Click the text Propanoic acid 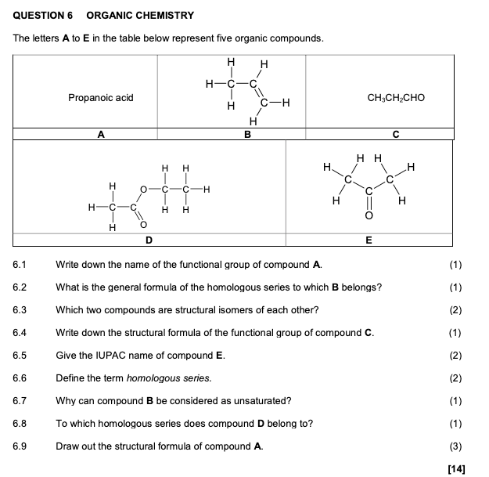click(100, 98)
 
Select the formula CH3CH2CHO click(396, 98)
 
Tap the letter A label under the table click(101, 135)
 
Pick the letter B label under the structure click(247, 135)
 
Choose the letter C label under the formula click(396, 135)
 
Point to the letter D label click(149, 239)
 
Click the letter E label click(369, 239)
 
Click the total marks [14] click(456, 468)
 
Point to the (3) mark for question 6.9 click(457, 446)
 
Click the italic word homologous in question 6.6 click(157, 378)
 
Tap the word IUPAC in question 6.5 click(103, 356)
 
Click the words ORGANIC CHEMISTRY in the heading click(140, 15)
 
